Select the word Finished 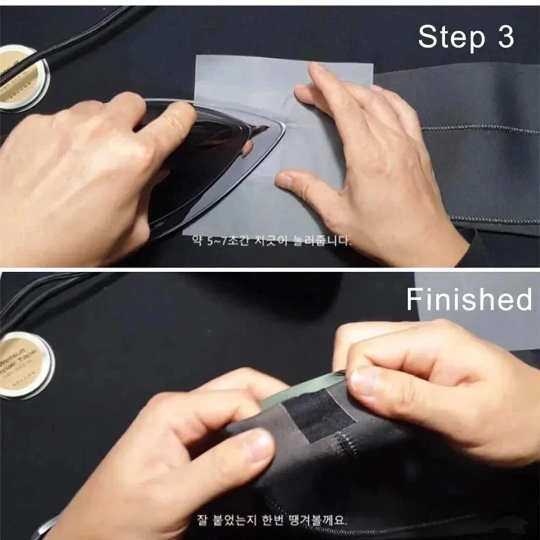coord(469,299)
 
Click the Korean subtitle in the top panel coord(268,240)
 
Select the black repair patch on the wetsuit coord(319,413)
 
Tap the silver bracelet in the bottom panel coord(46,526)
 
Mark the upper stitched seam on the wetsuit coord(481,130)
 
